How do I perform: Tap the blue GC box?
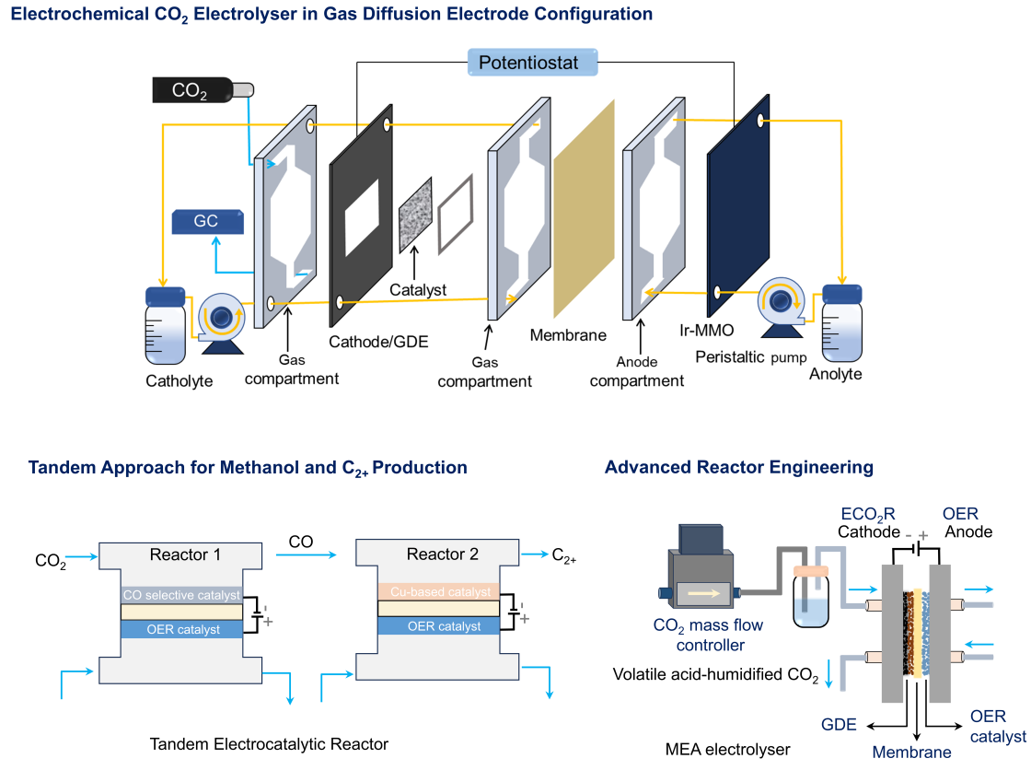tap(207, 222)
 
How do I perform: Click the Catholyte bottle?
tap(166, 327)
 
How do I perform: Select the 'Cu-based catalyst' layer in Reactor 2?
tap(437, 591)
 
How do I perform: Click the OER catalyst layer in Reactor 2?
tap(437, 626)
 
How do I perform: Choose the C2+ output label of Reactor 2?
tap(563, 555)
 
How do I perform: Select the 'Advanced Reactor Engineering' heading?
tap(738, 468)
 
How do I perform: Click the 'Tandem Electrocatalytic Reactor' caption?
tap(268, 743)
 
